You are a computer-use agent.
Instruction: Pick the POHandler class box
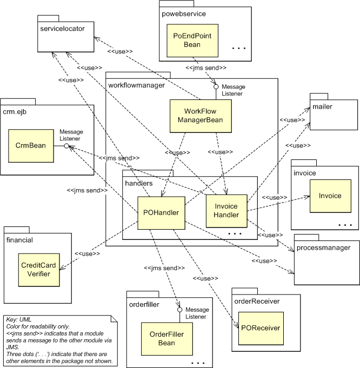pos(162,212)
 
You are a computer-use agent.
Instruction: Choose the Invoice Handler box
pos(226,211)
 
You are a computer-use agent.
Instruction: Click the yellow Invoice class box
pos(329,196)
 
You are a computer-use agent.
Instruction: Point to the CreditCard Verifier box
pos(39,269)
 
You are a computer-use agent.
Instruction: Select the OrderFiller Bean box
pos(162,338)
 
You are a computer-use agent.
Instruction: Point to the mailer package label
pos(322,106)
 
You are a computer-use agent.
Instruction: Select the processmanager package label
pos(324,248)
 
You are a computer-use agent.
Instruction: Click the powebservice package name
pos(184,13)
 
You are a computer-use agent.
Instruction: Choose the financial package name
pos(20,239)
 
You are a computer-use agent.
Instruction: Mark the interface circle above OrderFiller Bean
pos(178,310)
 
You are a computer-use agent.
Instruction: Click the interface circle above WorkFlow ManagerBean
pos(216,86)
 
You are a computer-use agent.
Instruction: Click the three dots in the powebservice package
pos(238,49)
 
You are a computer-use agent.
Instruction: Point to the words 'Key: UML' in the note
pos(19,320)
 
